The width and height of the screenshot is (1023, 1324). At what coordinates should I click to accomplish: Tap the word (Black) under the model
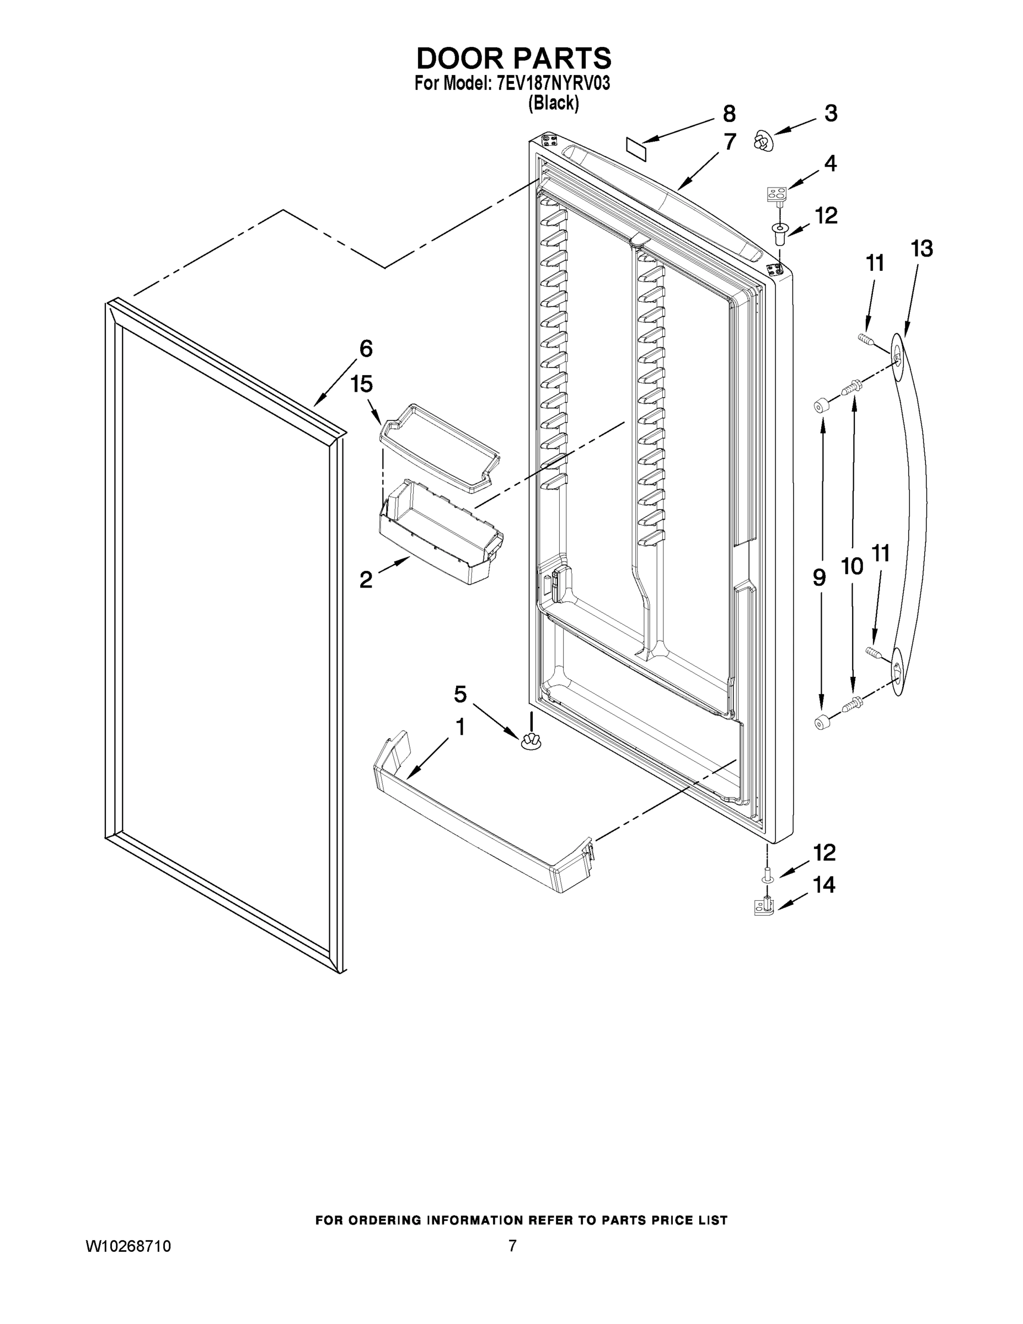(x=553, y=104)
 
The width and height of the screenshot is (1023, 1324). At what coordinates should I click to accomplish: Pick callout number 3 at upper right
(x=831, y=113)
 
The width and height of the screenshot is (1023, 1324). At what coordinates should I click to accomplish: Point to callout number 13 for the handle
(x=921, y=249)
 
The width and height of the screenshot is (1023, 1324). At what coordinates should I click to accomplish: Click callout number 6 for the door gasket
(x=366, y=349)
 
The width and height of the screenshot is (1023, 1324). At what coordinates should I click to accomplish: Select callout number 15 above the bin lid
(x=362, y=384)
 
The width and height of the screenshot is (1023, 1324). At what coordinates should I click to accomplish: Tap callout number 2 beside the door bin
(x=366, y=580)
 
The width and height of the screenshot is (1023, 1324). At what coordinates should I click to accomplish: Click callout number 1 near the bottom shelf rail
(x=460, y=727)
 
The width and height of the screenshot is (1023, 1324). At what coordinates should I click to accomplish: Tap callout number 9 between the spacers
(x=820, y=578)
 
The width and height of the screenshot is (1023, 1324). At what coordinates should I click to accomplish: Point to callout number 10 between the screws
(x=852, y=566)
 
